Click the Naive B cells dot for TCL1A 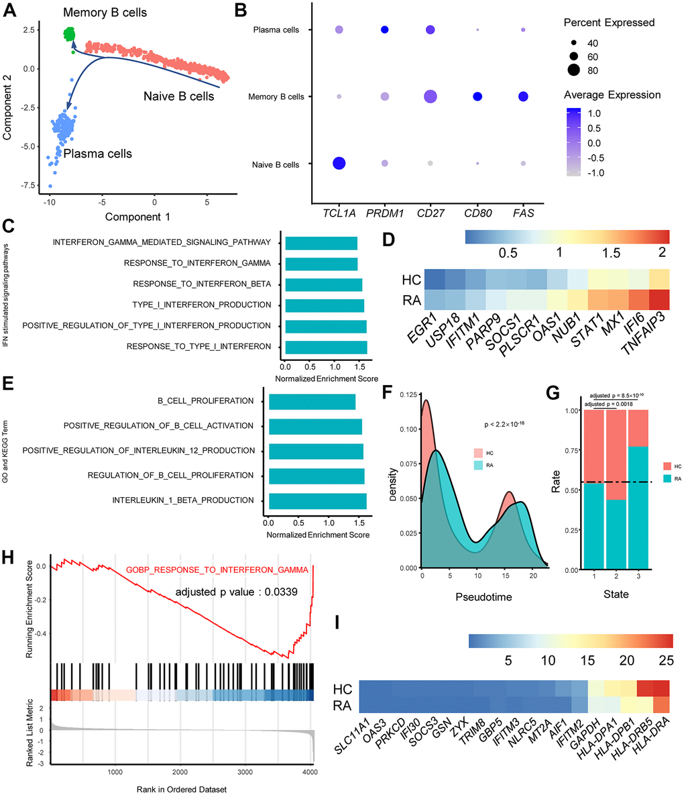pos(339,164)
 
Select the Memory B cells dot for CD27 pos(429,97)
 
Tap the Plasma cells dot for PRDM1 pos(384,30)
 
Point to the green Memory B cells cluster pos(68,34)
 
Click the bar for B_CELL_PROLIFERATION pos(312,401)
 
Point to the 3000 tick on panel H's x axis pos(245,772)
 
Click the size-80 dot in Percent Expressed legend pos(574,70)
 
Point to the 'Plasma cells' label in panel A pos(97,154)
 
